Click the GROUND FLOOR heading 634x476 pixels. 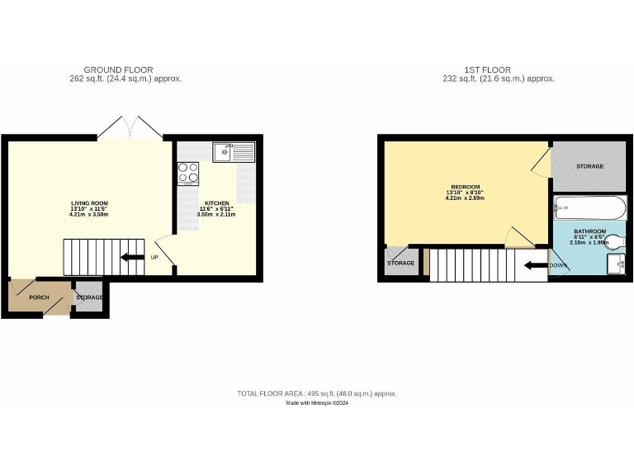point(118,69)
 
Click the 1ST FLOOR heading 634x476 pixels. point(487,69)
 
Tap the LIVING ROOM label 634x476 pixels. point(89,203)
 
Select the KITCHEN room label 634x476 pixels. point(216,203)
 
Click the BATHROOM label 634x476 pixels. point(590,231)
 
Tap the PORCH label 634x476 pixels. point(39,297)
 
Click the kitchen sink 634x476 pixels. point(235,151)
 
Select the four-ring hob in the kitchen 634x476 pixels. point(188,172)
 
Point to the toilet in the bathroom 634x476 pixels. point(615,241)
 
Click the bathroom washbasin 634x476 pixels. point(615,263)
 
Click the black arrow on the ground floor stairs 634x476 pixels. point(131,257)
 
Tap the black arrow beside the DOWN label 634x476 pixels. point(535,265)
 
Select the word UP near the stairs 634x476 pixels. point(154,257)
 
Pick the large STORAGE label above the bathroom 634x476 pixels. point(589,166)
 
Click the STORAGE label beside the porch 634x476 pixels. point(89,297)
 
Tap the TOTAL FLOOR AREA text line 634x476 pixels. point(317,394)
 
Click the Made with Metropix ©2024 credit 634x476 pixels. point(317,403)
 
